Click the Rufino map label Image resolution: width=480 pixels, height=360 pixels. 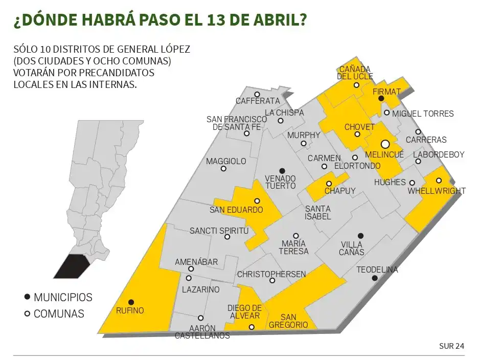pos(130,310)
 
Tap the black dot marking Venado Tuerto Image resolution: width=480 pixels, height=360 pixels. pos(282,170)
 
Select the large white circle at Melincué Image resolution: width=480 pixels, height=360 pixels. pos(385,145)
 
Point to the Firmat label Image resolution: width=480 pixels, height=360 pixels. pos(387,91)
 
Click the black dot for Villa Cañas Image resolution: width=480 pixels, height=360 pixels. pos(360,236)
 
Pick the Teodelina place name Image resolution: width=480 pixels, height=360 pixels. pos(377,269)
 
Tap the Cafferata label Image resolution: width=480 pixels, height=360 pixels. pos(258,101)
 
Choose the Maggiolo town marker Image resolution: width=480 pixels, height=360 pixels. pos(223,169)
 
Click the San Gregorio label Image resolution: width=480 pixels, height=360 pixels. pos(288,321)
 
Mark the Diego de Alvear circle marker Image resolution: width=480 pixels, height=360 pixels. pos(252,327)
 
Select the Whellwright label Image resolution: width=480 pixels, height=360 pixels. pos(437,191)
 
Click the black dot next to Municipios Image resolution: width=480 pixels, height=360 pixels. pos(27,297)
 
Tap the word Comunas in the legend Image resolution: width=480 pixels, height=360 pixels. pos(59,314)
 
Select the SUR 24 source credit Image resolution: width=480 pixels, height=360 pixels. pos(451,346)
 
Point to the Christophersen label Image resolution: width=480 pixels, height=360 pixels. pos(271,274)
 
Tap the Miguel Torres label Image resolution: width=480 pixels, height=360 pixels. pos(423,114)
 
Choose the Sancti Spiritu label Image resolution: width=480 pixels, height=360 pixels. pos(219,231)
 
